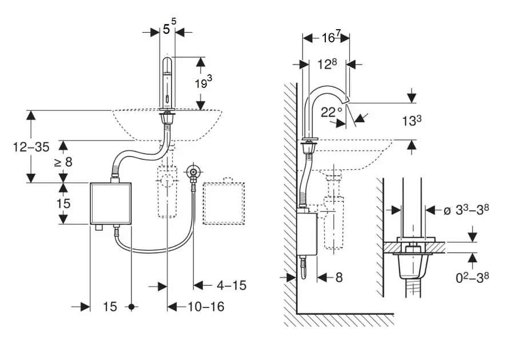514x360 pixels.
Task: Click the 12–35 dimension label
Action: coord(31,147)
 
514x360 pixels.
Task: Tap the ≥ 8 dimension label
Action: coord(63,162)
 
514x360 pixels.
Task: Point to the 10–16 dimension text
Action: coord(206,307)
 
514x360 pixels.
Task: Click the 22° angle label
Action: coord(331,112)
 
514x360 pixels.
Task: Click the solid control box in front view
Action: coord(110,203)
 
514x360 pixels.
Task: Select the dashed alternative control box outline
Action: coord(224,202)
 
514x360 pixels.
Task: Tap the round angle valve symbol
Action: coord(193,171)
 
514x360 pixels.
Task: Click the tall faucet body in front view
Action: coord(168,83)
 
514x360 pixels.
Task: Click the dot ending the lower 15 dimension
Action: coord(132,307)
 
